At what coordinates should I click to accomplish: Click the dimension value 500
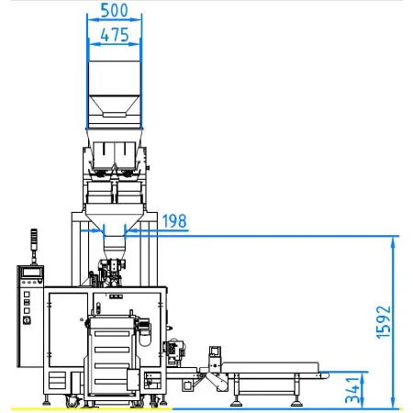pyautogui.click(x=114, y=10)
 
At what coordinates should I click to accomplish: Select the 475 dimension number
pyautogui.click(x=115, y=35)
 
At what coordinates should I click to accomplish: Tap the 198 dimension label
pyautogui.click(x=174, y=221)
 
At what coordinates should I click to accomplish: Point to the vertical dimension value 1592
pyautogui.click(x=384, y=322)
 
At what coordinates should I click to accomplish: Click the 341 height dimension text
pyautogui.click(x=352, y=390)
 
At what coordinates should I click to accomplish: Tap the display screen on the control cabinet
pyautogui.click(x=32, y=272)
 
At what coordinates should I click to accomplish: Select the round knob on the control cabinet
pyautogui.click(x=27, y=320)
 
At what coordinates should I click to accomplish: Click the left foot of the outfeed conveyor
pyautogui.click(x=236, y=403)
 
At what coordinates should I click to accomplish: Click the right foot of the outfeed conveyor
pyautogui.click(x=296, y=403)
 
